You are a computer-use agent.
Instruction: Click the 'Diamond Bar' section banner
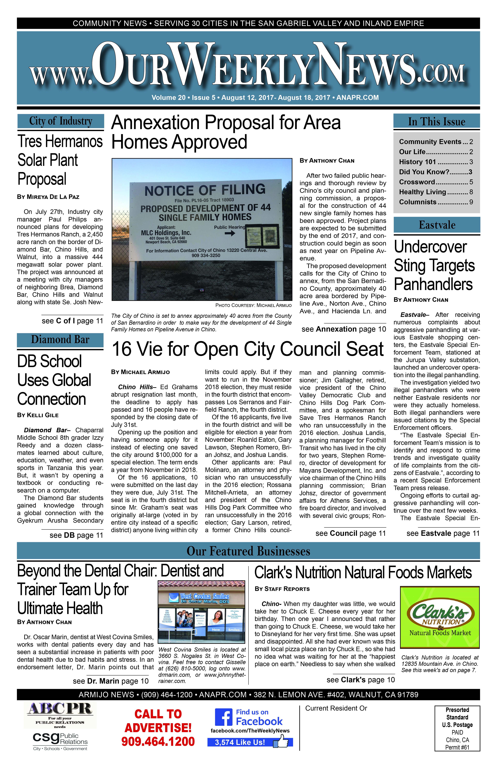(x=60, y=340)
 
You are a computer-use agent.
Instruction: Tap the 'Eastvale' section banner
(x=437, y=225)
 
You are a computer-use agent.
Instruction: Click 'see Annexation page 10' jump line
(x=344, y=329)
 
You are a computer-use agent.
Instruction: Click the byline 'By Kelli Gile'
(x=38, y=415)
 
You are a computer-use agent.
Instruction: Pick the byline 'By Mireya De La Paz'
(x=48, y=197)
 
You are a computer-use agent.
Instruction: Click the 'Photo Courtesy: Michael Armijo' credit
(x=253, y=305)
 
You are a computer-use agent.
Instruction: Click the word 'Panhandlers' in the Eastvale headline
(x=433, y=285)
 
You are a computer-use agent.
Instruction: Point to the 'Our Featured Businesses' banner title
(x=248, y=551)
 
